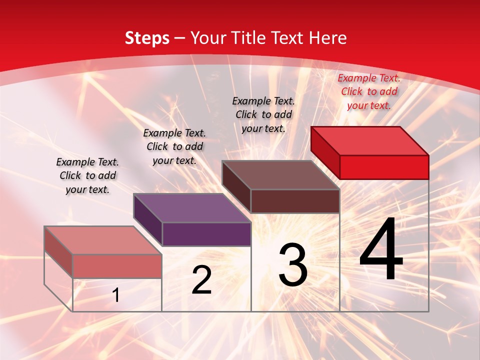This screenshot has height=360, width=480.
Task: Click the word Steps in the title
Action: [x=147, y=38]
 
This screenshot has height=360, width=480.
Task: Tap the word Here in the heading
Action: [x=327, y=38]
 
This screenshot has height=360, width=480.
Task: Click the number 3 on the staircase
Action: [x=293, y=265]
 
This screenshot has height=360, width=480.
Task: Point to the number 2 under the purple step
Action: [x=201, y=280]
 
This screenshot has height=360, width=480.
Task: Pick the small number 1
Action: [x=116, y=295]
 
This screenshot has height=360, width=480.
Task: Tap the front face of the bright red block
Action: [x=384, y=167]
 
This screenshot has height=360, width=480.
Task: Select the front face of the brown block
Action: [x=295, y=201]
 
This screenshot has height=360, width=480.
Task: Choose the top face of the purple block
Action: [x=192, y=207]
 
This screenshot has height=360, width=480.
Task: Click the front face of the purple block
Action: [x=206, y=234]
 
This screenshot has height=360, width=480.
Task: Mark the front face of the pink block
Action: [x=117, y=266]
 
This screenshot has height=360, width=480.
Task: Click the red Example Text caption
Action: [x=369, y=91]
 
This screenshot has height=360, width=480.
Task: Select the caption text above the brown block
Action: [x=263, y=114]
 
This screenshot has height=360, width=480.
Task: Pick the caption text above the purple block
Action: [x=174, y=146]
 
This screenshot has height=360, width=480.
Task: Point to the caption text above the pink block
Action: [x=87, y=175]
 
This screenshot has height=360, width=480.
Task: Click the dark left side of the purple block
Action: [x=147, y=220]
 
